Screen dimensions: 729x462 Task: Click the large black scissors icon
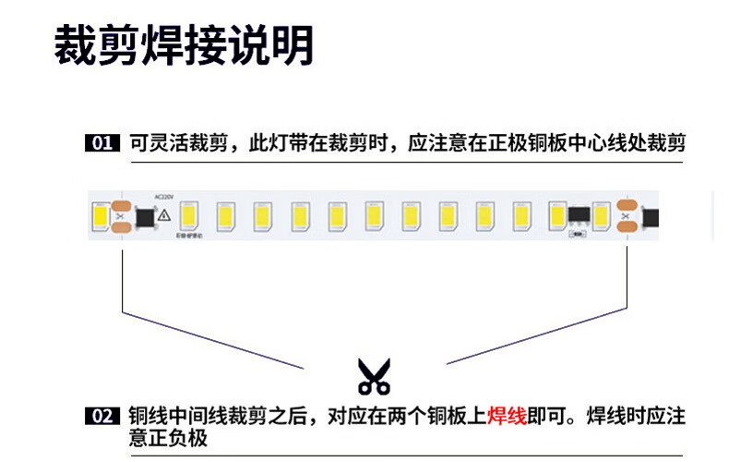[374, 377]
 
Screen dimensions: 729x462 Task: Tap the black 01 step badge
[102, 144]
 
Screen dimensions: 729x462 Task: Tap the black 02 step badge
[102, 417]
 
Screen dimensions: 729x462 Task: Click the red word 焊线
[507, 416]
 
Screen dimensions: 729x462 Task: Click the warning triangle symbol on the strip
[164, 215]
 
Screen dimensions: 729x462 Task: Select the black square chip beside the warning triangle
[144, 217]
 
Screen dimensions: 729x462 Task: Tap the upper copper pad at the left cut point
[120, 205]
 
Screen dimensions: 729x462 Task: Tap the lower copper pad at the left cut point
[120, 228]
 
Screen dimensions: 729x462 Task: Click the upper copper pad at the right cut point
[628, 205]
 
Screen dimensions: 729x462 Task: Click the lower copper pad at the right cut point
[628, 228]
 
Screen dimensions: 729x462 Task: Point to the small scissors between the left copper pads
[118, 217]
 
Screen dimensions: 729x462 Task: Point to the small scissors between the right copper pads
[627, 217]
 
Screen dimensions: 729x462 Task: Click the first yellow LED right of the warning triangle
[189, 216]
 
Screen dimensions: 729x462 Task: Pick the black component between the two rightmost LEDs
[579, 215]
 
